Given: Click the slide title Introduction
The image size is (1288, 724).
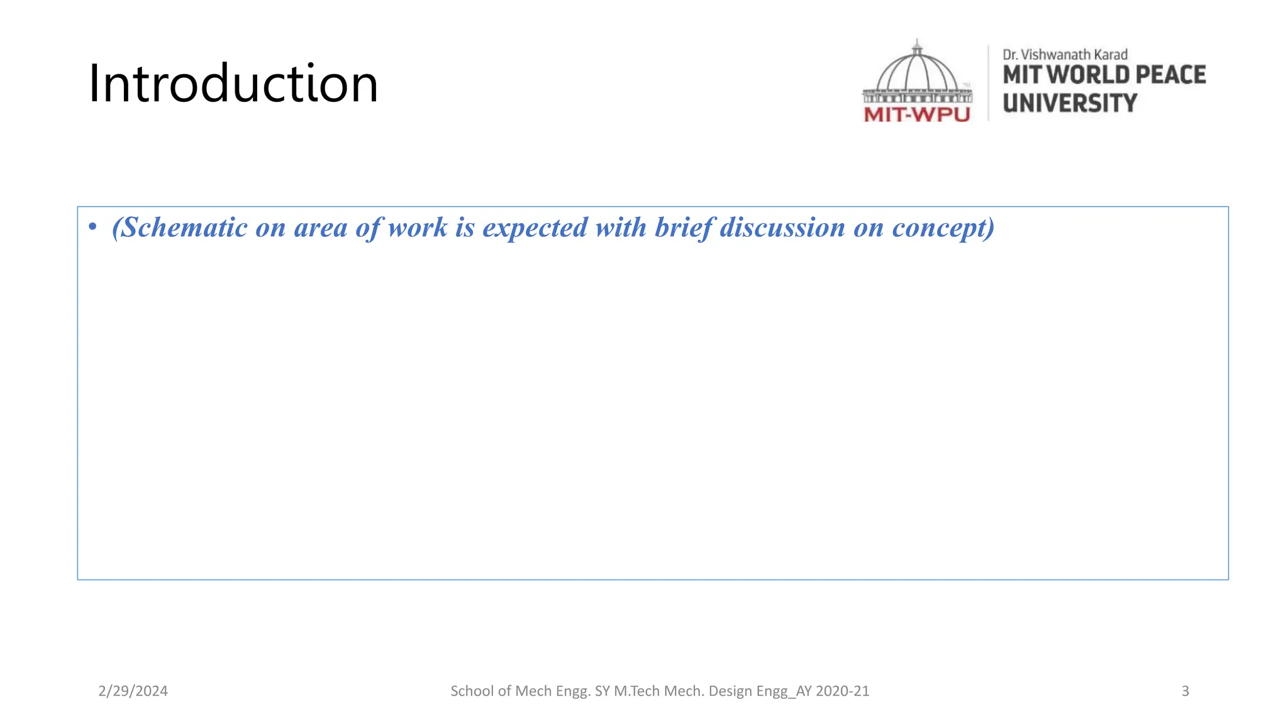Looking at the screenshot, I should click(x=233, y=84).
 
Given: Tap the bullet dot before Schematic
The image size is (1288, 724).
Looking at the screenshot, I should click(x=92, y=227).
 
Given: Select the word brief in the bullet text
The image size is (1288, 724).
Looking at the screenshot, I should click(x=684, y=228).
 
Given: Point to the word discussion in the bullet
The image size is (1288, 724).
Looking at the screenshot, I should click(x=782, y=228).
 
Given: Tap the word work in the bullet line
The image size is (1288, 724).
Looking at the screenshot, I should click(x=418, y=228).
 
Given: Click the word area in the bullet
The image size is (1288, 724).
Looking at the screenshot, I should click(x=320, y=228).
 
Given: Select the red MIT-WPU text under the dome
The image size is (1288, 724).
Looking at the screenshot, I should click(x=916, y=114).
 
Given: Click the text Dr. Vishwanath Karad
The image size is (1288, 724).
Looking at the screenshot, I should click(x=1065, y=55).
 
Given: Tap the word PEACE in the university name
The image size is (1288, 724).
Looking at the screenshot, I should click(x=1170, y=75).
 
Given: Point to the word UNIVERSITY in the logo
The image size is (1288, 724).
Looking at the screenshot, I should click(x=1070, y=103).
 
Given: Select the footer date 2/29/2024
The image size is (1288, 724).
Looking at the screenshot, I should click(x=133, y=691).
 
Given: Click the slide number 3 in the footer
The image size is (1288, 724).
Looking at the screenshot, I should click(x=1185, y=691).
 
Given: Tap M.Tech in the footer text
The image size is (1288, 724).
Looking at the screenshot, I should click(x=636, y=691).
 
